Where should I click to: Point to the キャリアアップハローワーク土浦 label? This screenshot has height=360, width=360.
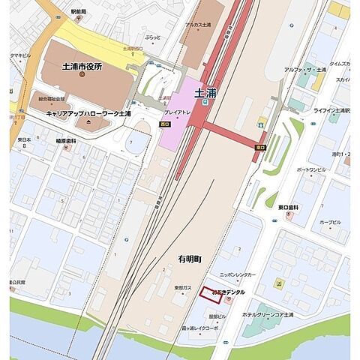88,114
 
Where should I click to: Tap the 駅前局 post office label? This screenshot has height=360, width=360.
79,13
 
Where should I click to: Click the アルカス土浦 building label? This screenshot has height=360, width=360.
202,25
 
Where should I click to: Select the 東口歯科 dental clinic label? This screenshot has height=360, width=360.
288,207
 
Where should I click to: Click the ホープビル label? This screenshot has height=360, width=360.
330,223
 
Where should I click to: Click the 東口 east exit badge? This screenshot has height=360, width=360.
260,148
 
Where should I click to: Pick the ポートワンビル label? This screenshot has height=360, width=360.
310,170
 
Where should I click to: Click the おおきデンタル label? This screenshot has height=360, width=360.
229,292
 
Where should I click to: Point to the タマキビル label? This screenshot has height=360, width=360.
20,55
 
